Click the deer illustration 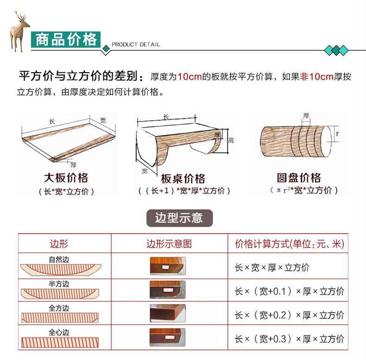pos(19,31)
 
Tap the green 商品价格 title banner pos(66,39)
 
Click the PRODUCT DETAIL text pos(136,44)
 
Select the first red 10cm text pos(190,77)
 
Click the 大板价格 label pos(66,178)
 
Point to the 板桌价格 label pos(183,179)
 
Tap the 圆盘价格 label pos(299,178)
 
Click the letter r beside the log pos(337,134)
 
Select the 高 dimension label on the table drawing pos(231,140)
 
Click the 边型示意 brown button pos(179,218)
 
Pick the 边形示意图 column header pos(169,244)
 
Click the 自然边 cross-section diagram pos(61,270)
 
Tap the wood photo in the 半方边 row pos(168,290)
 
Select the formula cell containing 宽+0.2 pos(290,315)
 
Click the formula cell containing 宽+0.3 pos(290,339)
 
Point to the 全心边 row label pos(59,332)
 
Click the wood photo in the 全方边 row pos(168,313)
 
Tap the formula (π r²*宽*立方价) pos(304,191)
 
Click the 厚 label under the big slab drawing pos(73,165)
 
